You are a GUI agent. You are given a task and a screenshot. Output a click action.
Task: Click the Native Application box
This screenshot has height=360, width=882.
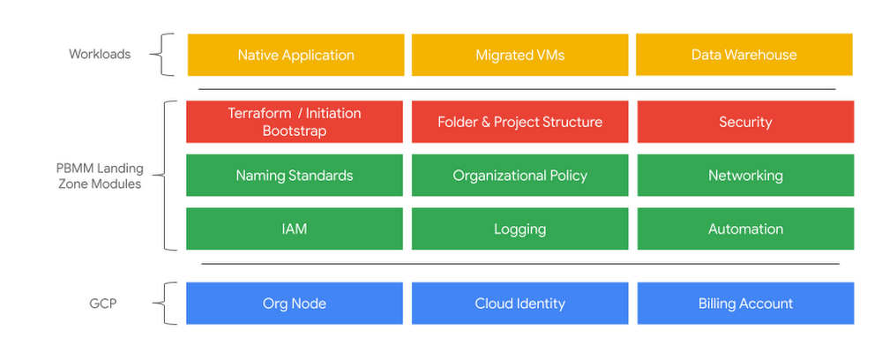point(295,55)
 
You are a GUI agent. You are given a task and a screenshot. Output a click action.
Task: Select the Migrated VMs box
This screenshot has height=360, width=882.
point(519,55)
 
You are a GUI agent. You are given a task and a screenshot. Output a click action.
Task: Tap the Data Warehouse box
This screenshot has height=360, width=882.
point(744,55)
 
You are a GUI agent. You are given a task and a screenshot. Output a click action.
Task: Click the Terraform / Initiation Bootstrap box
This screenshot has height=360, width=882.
point(295,122)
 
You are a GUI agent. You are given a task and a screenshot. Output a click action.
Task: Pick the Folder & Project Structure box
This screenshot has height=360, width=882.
point(519,122)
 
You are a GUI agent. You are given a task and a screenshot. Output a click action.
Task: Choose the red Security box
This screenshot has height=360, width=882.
point(744,122)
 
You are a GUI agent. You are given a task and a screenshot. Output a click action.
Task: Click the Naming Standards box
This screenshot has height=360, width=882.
point(295,176)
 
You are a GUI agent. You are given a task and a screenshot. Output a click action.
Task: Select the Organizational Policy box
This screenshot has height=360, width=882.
point(519,176)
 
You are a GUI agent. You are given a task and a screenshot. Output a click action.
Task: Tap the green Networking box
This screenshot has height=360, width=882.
point(744,176)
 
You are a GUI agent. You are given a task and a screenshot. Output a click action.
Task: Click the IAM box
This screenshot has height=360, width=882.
point(295,229)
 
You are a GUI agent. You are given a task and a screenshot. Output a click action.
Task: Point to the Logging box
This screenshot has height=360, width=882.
point(519,229)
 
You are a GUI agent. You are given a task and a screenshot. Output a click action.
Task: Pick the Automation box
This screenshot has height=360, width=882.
point(744,229)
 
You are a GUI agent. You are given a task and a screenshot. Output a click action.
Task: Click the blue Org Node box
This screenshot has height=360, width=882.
point(295,304)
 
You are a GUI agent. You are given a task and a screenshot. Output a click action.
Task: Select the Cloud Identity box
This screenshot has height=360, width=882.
point(519,304)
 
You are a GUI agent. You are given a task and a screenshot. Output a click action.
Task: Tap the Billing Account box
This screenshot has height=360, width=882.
point(744,304)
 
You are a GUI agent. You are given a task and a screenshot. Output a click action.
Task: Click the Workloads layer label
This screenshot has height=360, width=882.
point(100,55)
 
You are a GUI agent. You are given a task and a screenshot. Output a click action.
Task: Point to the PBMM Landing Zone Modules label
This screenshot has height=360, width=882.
point(97,176)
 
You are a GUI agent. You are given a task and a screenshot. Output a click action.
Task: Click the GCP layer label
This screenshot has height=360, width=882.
point(102,304)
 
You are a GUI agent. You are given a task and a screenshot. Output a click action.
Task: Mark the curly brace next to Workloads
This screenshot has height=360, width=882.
point(161,56)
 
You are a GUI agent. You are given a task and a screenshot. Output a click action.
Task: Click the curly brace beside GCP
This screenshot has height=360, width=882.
point(161,304)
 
